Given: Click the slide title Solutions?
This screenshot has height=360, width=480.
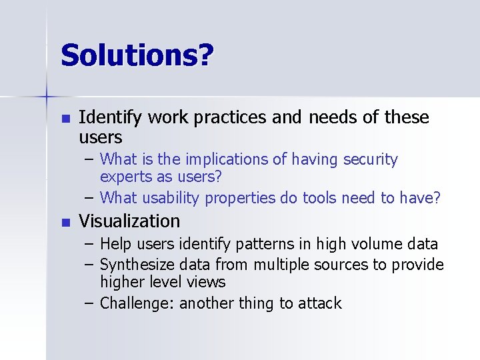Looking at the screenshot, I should click(137, 56).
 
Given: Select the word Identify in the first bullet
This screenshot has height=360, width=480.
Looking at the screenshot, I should click(111, 118).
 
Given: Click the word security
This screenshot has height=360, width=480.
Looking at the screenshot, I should click(370, 160).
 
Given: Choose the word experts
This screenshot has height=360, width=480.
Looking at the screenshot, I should click(127, 178).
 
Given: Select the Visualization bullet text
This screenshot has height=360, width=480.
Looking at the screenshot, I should click(129, 221).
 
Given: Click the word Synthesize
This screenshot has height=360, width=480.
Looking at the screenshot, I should click(139, 265).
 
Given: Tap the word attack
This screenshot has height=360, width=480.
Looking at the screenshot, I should click(319, 304).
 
